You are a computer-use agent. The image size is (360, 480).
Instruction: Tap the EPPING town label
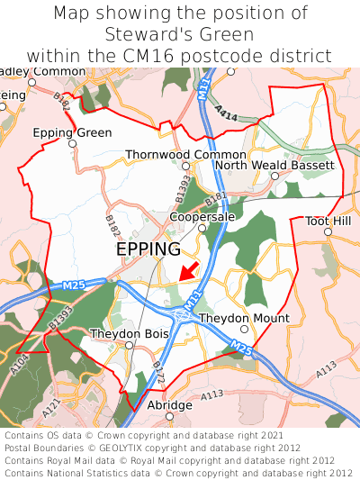point(148,249)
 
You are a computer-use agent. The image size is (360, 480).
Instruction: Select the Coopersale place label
point(202,217)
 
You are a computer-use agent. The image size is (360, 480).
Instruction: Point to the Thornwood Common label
point(185,155)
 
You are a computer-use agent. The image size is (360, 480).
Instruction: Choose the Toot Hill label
point(328,221)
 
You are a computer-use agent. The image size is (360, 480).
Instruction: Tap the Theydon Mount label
point(244,318)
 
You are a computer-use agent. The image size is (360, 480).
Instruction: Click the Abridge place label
point(170,405)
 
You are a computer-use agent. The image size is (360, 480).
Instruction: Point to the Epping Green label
point(73,132)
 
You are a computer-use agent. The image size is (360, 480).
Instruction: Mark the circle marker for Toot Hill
point(328,231)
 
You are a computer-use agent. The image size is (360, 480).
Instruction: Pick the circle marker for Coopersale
point(202,228)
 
